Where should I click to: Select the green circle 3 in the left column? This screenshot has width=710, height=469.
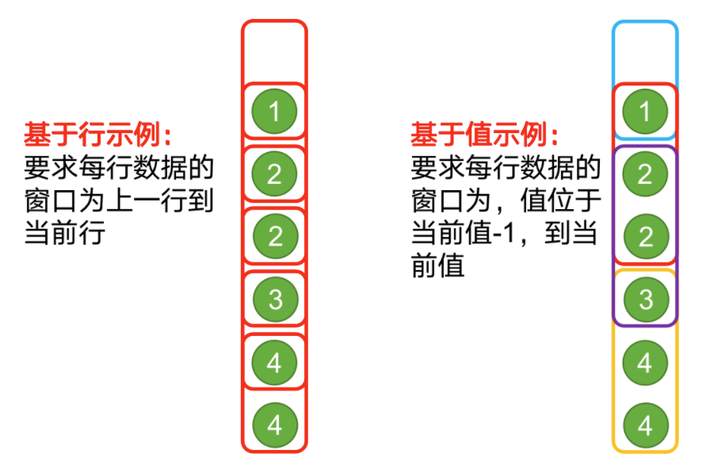(274, 299)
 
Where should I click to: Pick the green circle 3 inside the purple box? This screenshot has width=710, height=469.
(644, 299)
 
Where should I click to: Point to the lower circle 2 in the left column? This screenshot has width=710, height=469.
(274, 236)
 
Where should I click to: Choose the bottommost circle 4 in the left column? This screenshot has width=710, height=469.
(274, 425)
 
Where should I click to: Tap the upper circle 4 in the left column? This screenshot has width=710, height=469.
(274, 363)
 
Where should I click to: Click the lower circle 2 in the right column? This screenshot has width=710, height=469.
(644, 236)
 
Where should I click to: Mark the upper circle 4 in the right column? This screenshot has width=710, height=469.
(644, 363)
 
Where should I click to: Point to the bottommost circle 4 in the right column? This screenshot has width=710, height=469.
(644, 425)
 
